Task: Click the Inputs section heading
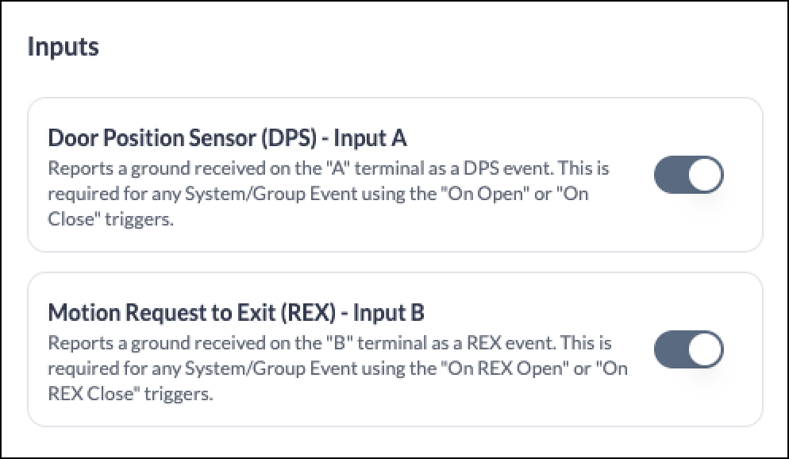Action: [63, 48]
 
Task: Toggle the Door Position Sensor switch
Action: [688, 175]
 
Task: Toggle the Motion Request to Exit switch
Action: [688, 349]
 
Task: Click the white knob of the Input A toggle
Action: [705, 175]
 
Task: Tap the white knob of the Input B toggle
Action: [705, 349]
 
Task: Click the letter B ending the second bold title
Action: [418, 313]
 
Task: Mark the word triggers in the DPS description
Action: [139, 220]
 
